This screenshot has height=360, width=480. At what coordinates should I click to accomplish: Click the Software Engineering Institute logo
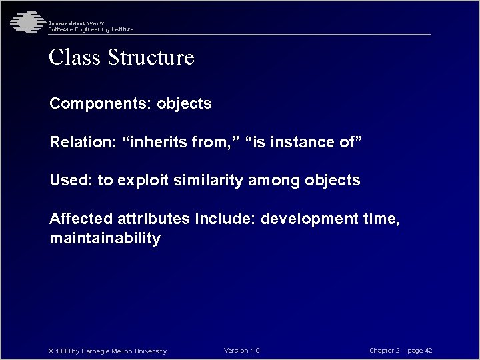coord(25,22)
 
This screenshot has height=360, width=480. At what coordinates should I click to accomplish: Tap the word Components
coord(101,104)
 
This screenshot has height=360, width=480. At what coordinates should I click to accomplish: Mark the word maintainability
coord(105,239)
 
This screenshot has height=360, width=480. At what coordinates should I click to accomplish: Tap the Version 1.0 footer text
coord(242,351)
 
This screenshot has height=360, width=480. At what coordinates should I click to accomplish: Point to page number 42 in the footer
coord(428,351)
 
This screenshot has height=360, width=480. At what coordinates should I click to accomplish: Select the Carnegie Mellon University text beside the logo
coord(75,23)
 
